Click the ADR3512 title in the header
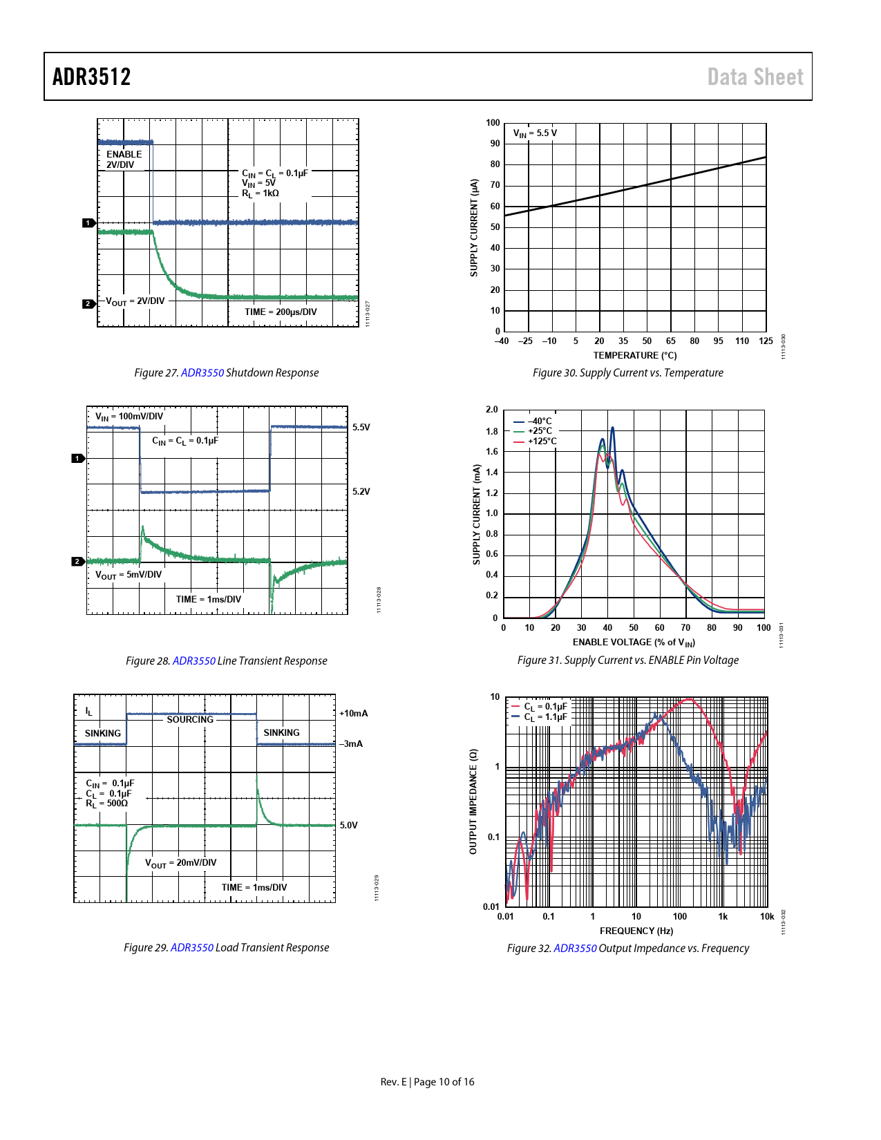[x=92, y=77]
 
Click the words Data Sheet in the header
[x=755, y=77]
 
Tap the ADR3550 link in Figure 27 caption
[x=202, y=372]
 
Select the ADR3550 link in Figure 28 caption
[x=194, y=661]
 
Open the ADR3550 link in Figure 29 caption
[x=192, y=947]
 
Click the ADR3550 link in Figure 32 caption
[x=575, y=948]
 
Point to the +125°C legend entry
[x=542, y=441]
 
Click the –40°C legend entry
[x=539, y=421]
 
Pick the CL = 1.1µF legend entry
[x=545, y=717]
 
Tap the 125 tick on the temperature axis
[x=766, y=341]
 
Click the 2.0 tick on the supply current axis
[x=491, y=410]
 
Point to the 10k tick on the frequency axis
[x=767, y=916]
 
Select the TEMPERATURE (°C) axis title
[x=634, y=355]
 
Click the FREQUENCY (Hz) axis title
[x=636, y=931]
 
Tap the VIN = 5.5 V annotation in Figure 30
[x=535, y=133]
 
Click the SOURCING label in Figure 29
[x=190, y=719]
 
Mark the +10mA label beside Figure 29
[x=354, y=713]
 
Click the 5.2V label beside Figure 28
[x=361, y=491]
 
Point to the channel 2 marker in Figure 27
[x=88, y=303]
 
